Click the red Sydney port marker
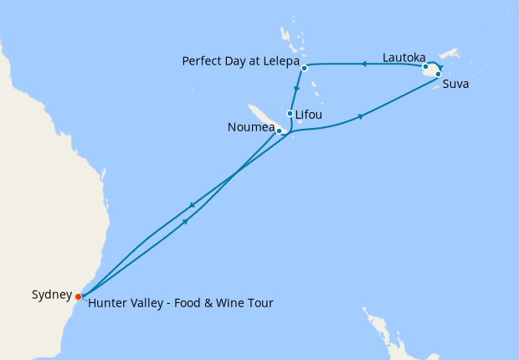point(78,296)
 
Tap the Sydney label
point(51,295)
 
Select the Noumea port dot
point(279,130)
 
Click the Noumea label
point(250,128)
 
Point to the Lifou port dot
point(290,114)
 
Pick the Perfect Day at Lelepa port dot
point(305,68)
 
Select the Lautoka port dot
point(426,66)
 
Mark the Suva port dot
point(439,74)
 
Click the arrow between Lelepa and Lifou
point(297,90)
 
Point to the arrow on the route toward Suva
point(361,116)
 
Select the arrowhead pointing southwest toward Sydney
point(193,205)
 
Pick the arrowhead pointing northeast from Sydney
point(183,219)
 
